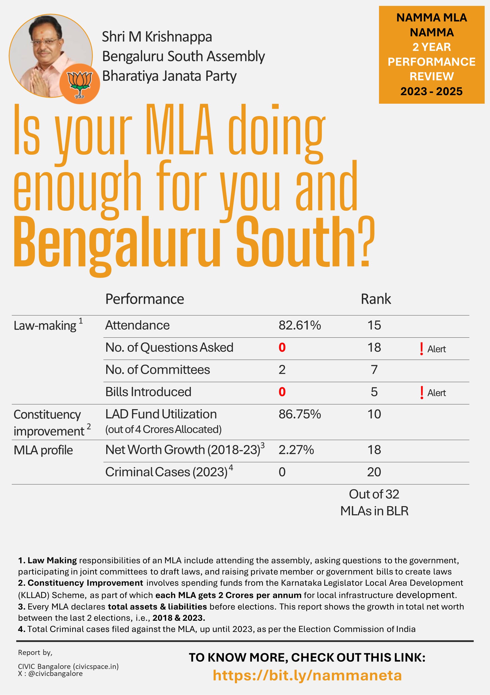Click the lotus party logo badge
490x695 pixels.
point(80,84)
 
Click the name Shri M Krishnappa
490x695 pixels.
point(157,37)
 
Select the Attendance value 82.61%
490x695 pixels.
point(299,325)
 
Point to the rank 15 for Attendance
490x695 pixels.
point(374,325)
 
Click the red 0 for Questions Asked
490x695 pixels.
point(282,347)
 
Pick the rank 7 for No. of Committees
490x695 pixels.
point(374,370)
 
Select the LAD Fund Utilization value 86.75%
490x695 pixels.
point(299,414)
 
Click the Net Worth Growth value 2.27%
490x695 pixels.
point(296,450)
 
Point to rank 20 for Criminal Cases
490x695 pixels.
point(374,472)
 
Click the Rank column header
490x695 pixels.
point(376,299)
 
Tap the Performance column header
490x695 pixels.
point(144,299)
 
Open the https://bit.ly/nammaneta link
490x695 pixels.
point(307,675)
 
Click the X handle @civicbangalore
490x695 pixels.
point(55,673)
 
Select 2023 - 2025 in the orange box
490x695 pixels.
point(431,91)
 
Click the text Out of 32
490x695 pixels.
point(374,494)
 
